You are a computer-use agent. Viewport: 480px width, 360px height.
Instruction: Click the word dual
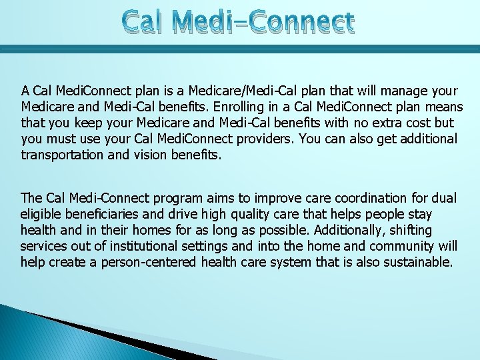[444, 198]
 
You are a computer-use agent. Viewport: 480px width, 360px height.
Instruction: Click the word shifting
[407, 230]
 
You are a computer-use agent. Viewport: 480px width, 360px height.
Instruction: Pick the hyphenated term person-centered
[149, 262]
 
